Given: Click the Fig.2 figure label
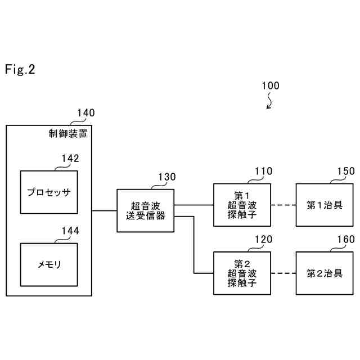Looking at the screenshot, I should (x=20, y=69).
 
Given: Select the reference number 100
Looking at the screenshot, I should (x=270, y=86).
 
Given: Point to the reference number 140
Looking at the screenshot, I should (x=85, y=113).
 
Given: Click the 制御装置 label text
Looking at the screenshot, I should (x=68, y=133).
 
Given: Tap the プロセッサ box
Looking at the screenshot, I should (x=48, y=192).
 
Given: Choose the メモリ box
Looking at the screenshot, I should (x=48, y=264).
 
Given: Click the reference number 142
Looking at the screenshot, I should (x=70, y=159).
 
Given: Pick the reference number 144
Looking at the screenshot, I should (x=70, y=231).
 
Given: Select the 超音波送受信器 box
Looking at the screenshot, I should (x=145, y=210).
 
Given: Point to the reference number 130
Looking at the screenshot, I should (x=166, y=177).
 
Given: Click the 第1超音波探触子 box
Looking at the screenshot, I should (x=242, y=205).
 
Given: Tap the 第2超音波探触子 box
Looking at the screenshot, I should (x=242, y=273).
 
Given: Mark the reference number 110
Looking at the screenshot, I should (x=263, y=172).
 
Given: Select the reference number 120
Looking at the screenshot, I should (x=263, y=240).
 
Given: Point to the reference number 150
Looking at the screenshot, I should (x=346, y=172).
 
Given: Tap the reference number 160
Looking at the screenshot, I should (x=346, y=240).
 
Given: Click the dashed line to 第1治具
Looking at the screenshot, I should (x=283, y=205).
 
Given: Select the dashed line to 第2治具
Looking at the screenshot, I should (x=283, y=273).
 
